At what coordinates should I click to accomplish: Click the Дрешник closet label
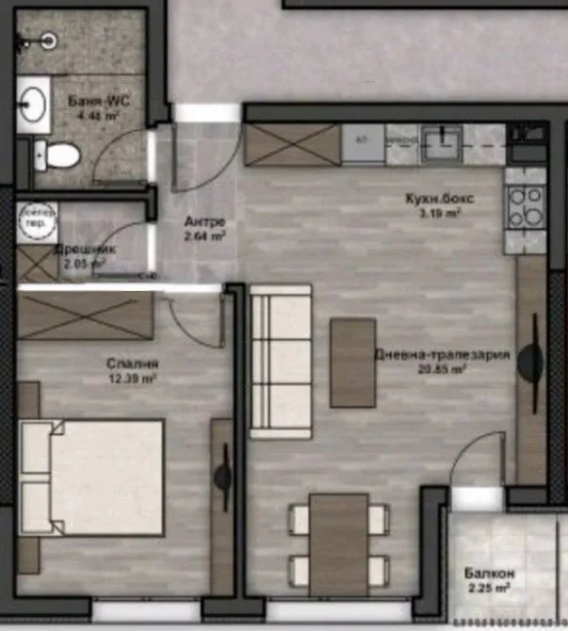pos(83,251)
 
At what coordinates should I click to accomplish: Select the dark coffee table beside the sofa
pos(353,362)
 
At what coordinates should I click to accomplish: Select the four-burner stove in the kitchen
pos(526,207)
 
